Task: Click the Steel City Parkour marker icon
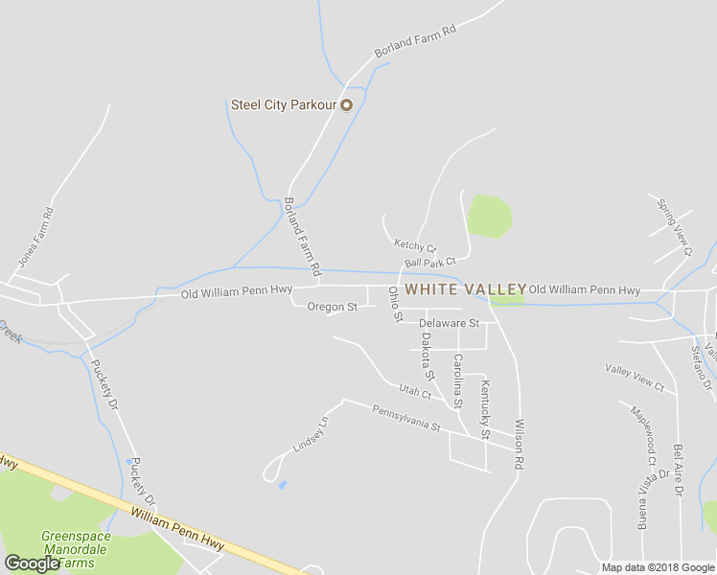pos(347,104)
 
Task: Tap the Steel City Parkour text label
pos(285,104)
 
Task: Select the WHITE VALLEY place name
pos(466,288)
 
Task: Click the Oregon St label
pos(332,307)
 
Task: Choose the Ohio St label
pos(394,304)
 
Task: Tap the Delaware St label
pos(448,323)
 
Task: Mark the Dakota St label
pos(428,356)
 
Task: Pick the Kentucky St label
pos(486,409)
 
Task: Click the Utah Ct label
pos(415,391)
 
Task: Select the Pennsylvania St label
pos(405,418)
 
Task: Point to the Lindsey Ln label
pos(310,434)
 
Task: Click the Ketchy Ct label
pos(414,246)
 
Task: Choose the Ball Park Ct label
pos(429,262)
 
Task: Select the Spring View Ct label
pos(674,227)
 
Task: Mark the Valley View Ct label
pos(635,377)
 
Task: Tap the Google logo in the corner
pos(32,563)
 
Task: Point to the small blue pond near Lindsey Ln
pos(281,485)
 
